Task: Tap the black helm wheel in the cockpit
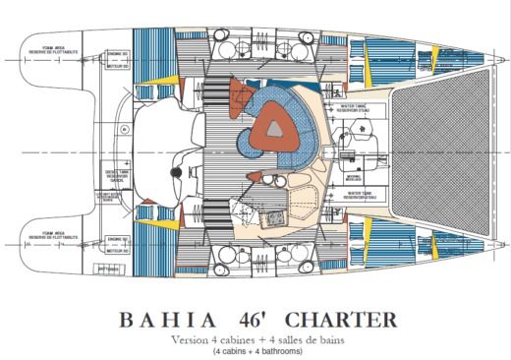coord(176,172)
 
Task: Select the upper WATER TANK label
coord(348,107)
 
